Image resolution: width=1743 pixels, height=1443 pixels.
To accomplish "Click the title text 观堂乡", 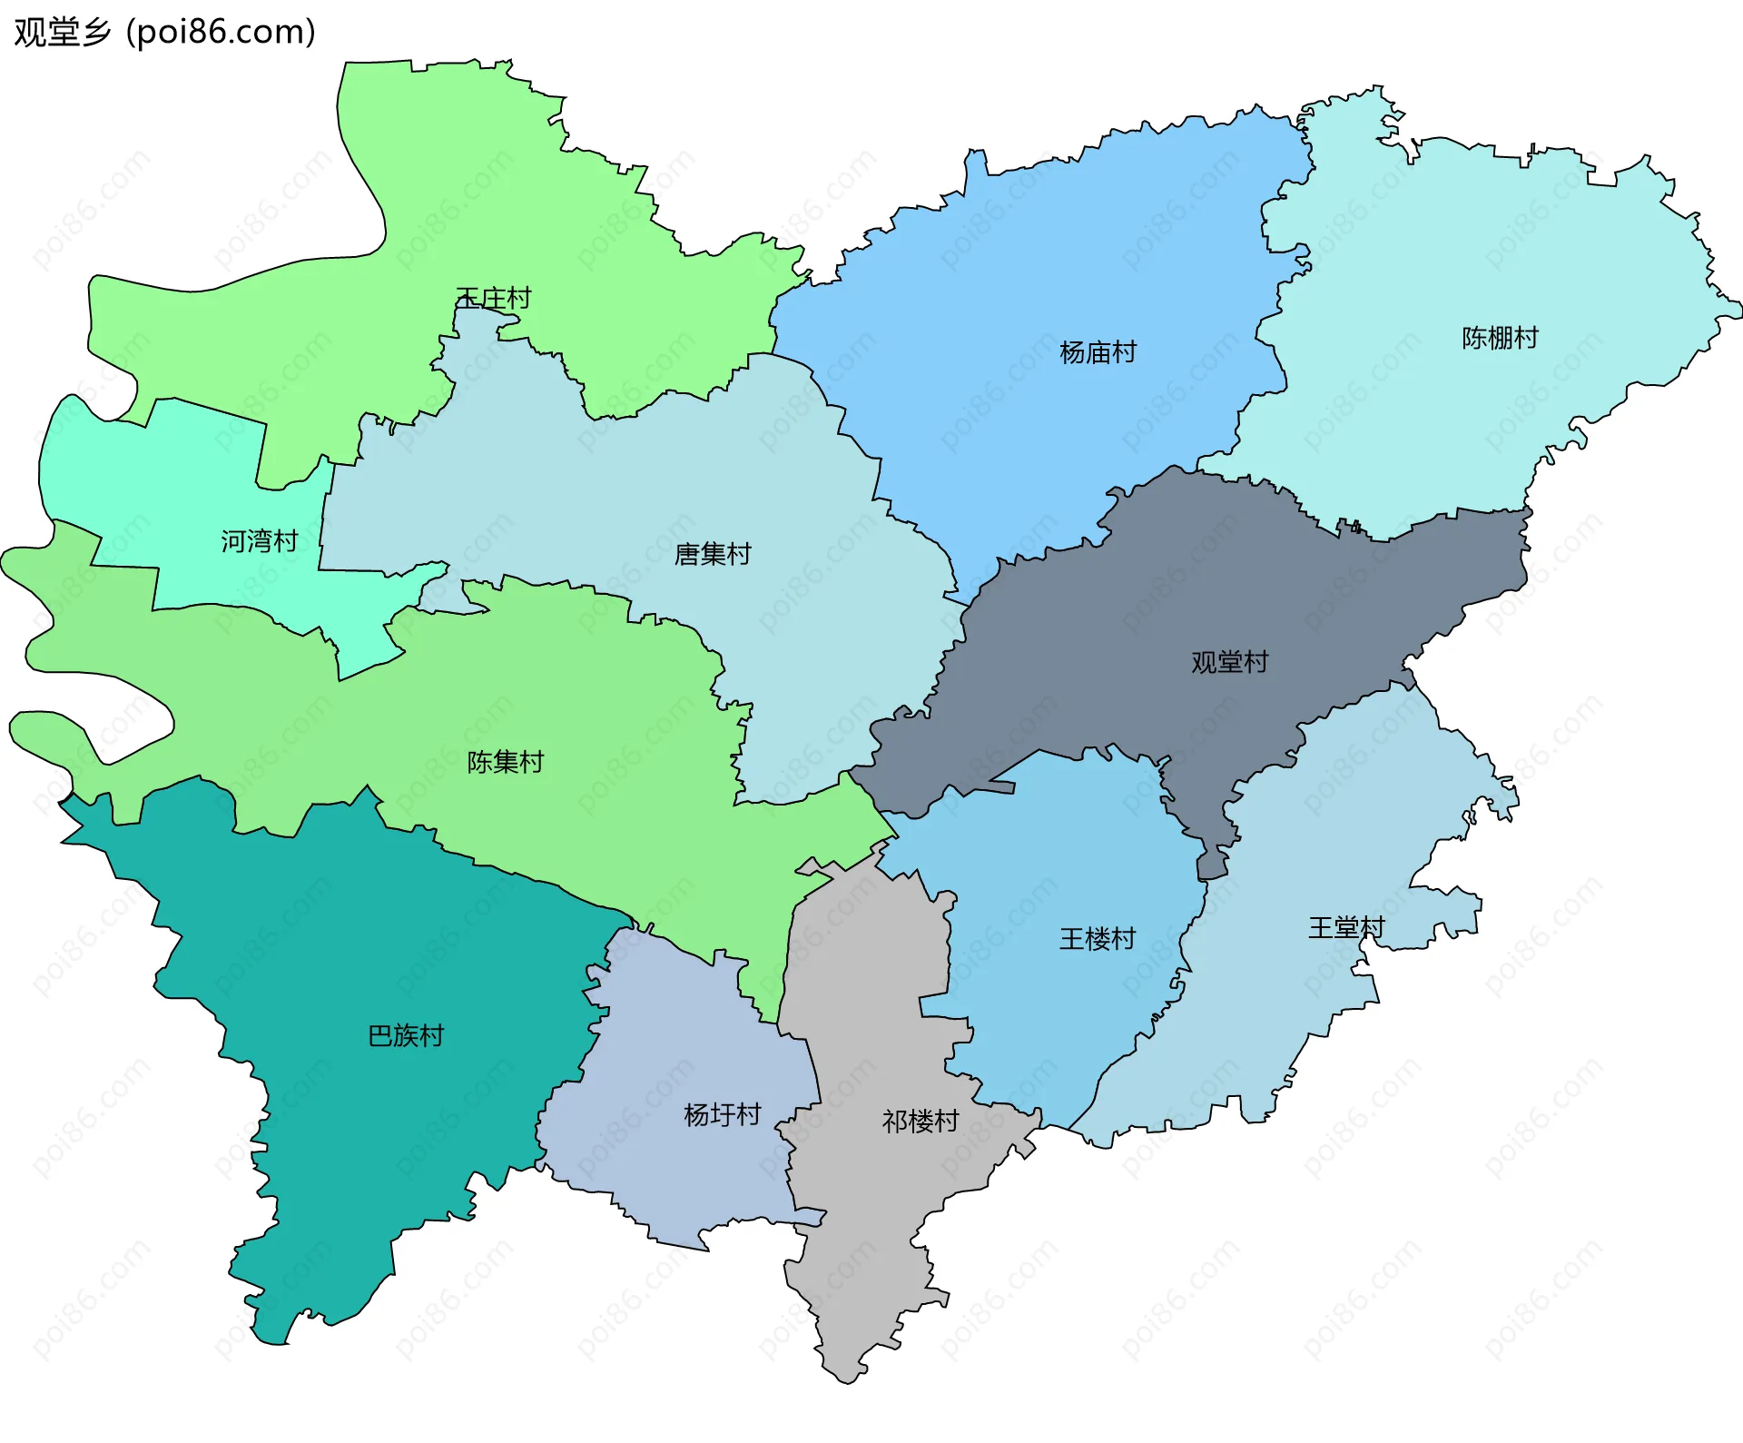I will (62, 32).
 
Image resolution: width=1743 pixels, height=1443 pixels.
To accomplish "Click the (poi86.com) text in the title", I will (222, 32).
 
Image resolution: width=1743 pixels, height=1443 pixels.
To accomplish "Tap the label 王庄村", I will (493, 298).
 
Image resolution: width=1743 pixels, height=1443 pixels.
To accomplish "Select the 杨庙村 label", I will (1098, 352).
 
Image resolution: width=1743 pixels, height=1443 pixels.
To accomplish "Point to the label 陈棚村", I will (1500, 338).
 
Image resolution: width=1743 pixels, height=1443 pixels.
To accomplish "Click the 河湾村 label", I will (260, 541).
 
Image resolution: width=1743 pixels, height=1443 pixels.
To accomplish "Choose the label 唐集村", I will (713, 554).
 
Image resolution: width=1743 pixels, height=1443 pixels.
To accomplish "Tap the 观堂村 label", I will (1229, 662).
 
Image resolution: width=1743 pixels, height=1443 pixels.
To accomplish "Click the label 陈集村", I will (505, 762).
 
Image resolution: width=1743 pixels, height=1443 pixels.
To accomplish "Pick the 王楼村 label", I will (1098, 938).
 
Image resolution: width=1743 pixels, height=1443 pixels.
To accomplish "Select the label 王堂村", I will (1346, 927).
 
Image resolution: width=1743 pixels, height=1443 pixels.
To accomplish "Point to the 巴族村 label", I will (406, 1035).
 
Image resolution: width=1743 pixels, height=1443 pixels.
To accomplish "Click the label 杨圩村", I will (722, 1114).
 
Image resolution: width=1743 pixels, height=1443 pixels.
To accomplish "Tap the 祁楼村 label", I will (921, 1122).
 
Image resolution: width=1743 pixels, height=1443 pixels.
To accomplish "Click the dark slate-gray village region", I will (1135, 618).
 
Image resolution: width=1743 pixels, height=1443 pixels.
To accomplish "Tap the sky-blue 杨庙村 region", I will (1044, 272).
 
